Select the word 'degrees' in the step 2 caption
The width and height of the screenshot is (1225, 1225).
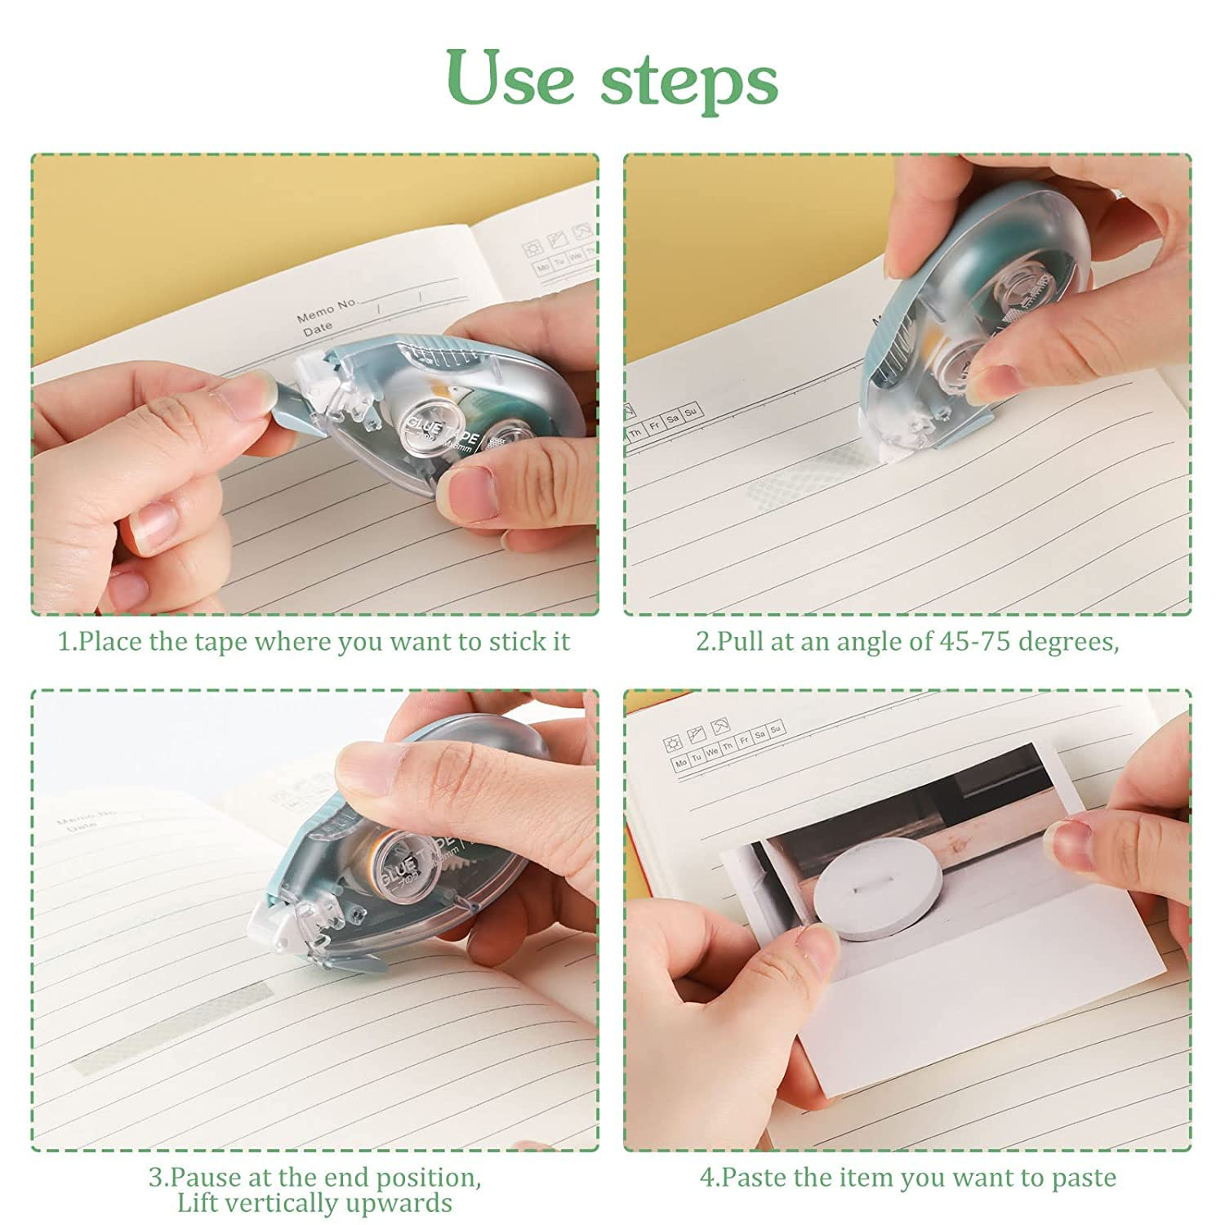point(1062,643)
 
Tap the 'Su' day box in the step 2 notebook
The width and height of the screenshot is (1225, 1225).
point(691,413)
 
